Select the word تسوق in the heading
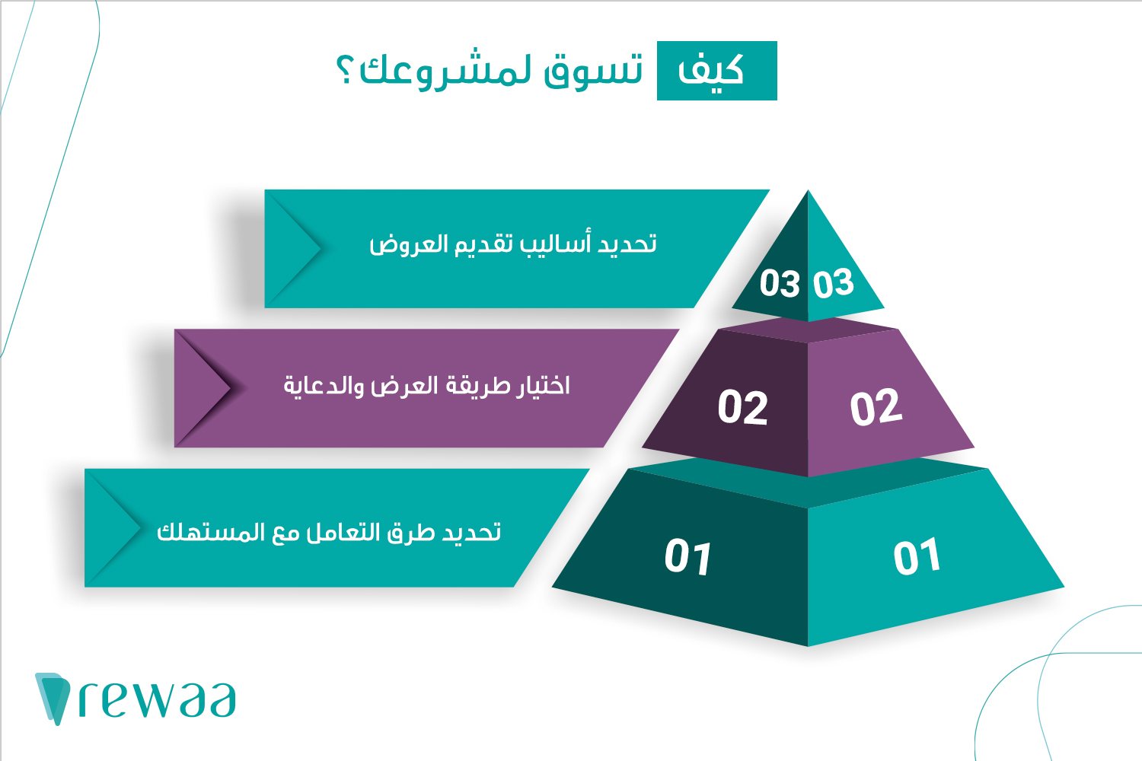coord(593,72)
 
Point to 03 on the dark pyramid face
coord(780,283)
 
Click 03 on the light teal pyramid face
coord(833,283)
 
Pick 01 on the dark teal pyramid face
coord(687,556)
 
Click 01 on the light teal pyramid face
coord(917,556)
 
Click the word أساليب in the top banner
coord(555,243)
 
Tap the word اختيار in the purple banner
coord(542,385)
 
